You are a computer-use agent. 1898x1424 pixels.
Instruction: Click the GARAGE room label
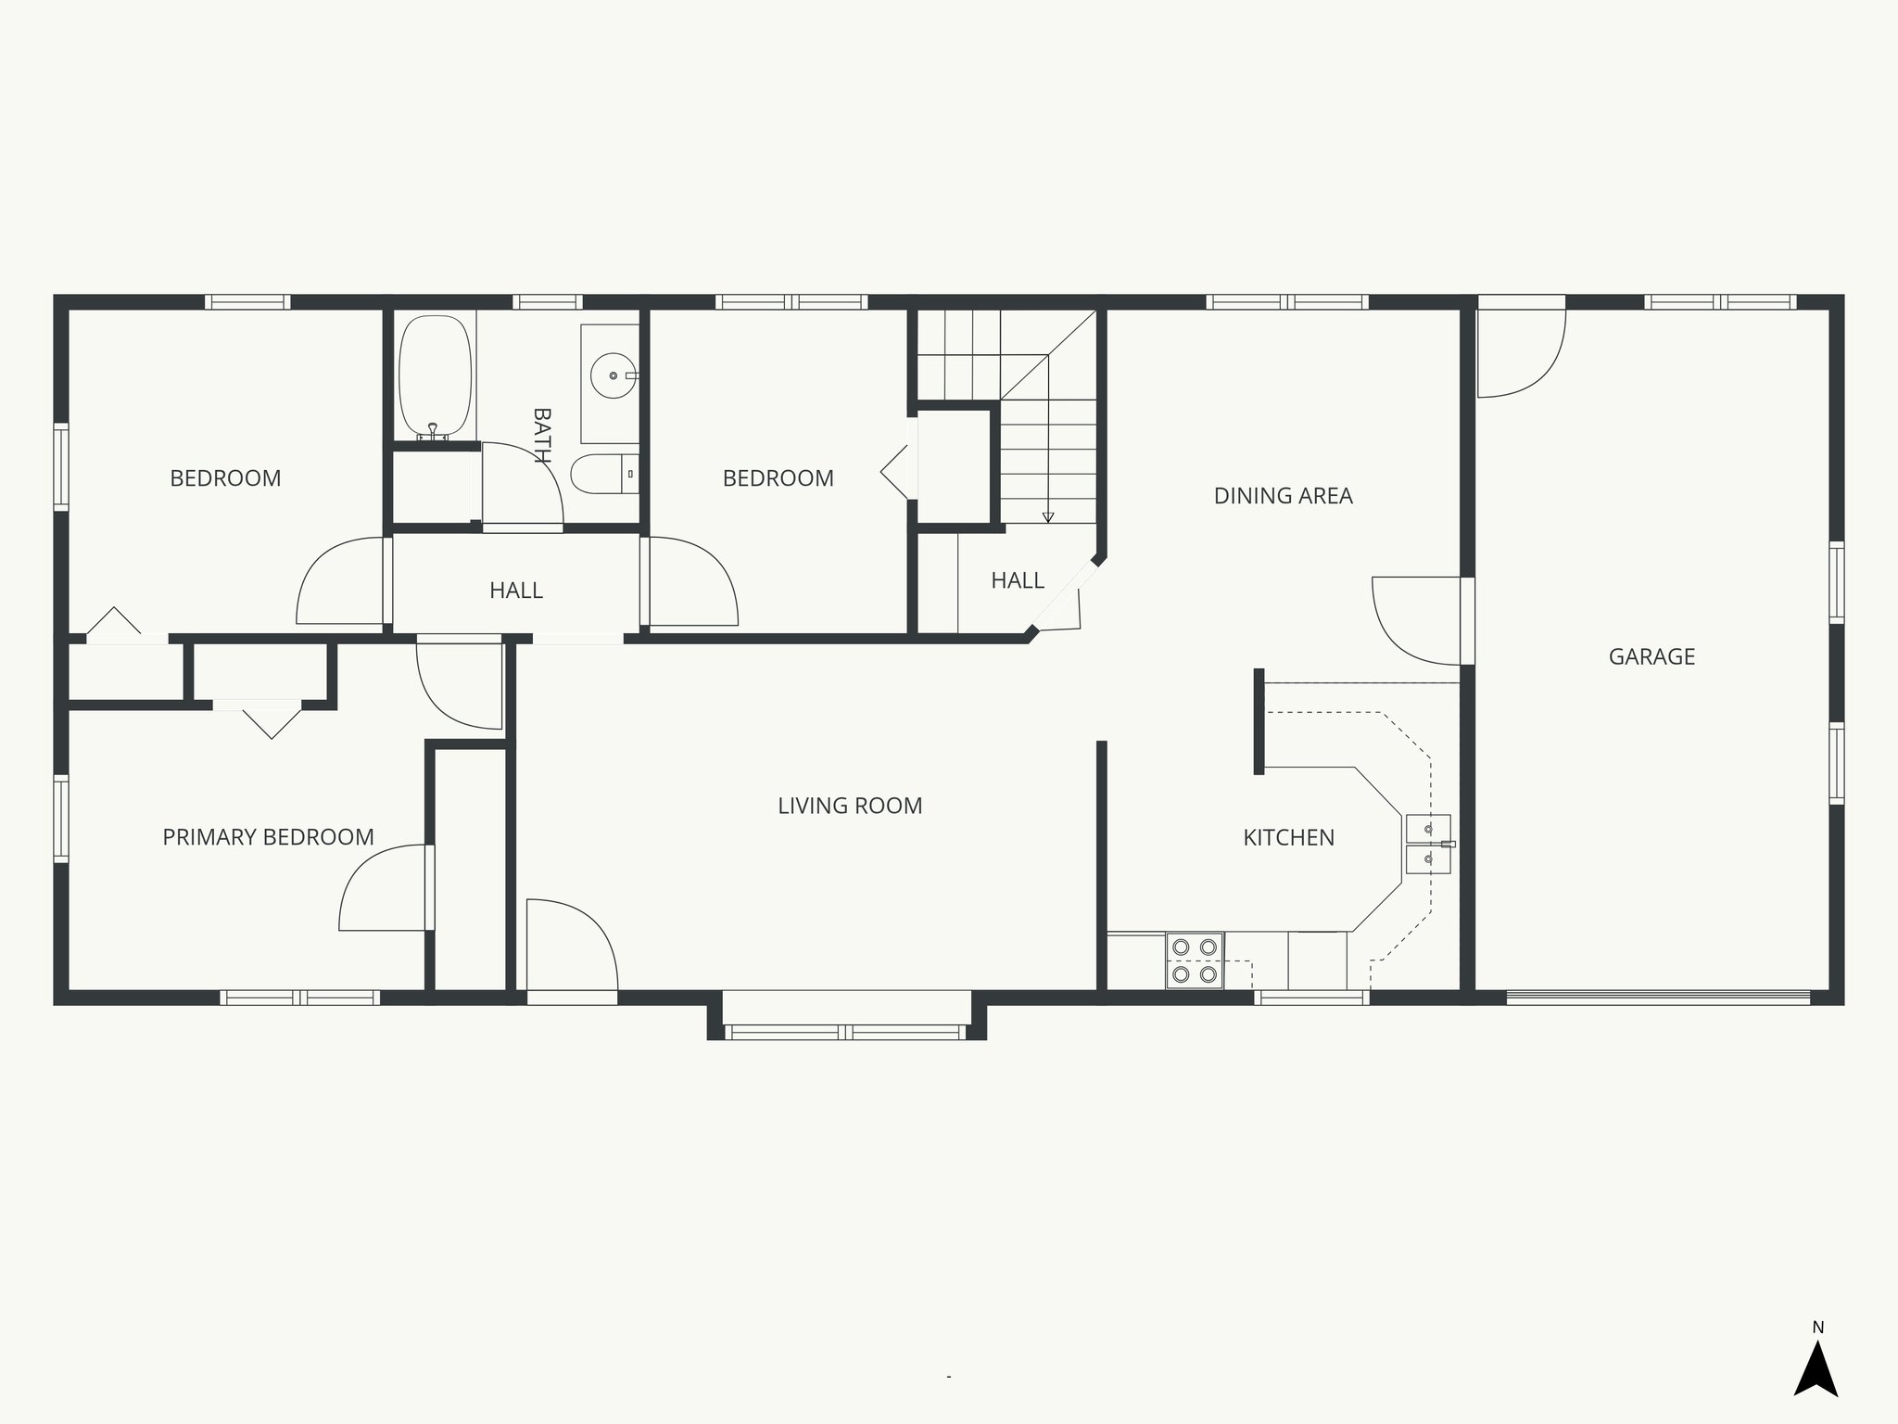coord(1651,656)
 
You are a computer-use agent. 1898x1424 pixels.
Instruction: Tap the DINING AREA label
coord(1283,496)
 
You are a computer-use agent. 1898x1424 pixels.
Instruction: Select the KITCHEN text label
coord(1288,837)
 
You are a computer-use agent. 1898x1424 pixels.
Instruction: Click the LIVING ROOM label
coord(850,806)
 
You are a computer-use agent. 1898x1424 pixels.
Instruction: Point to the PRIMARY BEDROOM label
coord(268,837)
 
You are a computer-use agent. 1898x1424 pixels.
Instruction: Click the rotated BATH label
coord(541,436)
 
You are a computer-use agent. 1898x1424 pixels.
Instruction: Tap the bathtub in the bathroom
coord(435,376)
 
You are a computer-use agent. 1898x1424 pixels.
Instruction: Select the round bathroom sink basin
coord(614,375)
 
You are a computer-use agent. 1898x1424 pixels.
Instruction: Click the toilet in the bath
coord(602,475)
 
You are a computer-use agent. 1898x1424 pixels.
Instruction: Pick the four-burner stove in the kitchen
coord(1195,960)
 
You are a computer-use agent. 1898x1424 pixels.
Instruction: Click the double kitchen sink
coord(1428,845)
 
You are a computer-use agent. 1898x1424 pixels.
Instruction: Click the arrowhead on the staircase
coord(1048,517)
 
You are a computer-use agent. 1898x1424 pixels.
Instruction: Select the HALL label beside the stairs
coord(1018,580)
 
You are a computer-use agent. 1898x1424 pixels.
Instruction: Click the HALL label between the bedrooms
coord(516,591)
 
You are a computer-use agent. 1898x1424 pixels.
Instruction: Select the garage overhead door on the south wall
coord(1657,998)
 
